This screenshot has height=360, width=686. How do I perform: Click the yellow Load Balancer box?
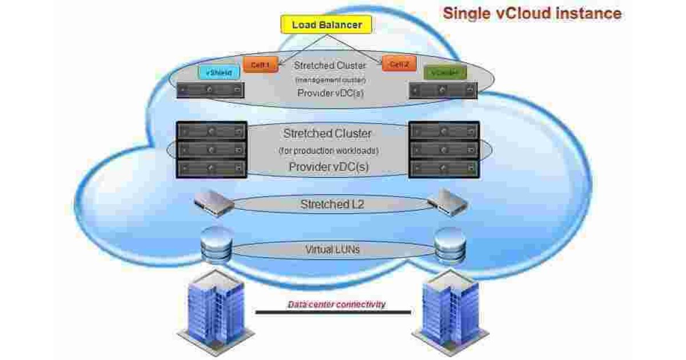click(326, 25)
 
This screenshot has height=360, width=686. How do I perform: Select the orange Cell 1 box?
click(260, 65)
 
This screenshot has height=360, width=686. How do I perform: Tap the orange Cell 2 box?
click(399, 64)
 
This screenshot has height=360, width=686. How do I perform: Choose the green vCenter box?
click(445, 73)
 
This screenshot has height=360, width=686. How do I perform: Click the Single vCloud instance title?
click(532, 13)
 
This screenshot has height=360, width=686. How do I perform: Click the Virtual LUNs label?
click(332, 249)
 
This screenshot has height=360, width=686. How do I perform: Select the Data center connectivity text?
click(336, 304)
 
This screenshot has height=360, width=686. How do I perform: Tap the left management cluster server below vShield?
click(210, 90)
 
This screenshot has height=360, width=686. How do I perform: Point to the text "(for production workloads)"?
click(329, 151)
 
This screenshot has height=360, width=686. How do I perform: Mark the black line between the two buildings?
click(333, 313)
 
